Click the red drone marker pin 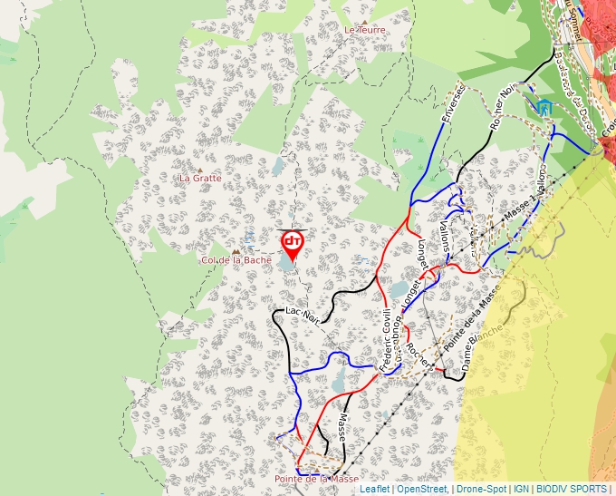pyautogui.click(x=292, y=243)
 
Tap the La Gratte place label pyautogui.click(x=200, y=178)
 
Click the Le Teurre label pyautogui.click(x=365, y=30)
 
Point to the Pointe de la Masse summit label pyautogui.click(x=316, y=479)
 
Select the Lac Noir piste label pyautogui.click(x=303, y=315)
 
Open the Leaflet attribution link pyautogui.click(x=374, y=490)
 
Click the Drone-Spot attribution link pyautogui.click(x=481, y=490)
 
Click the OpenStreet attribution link pyautogui.click(x=422, y=490)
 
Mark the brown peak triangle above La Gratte pyautogui.click(x=200, y=169)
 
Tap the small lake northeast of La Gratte pyautogui.click(x=277, y=166)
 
